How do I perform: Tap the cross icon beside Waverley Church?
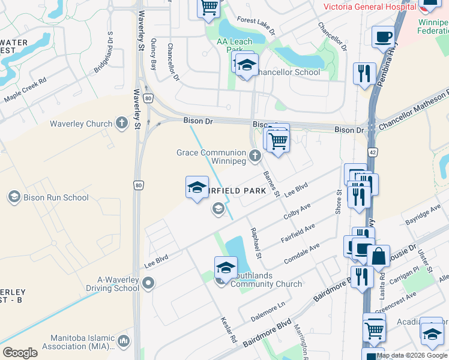(x=122, y=124)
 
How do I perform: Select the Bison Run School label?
(x=55, y=197)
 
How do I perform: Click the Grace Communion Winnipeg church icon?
(x=255, y=157)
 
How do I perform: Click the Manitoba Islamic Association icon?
(x=124, y=341)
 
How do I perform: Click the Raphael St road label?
(x=256, y=244)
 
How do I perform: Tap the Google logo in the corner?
(x=20, y=353)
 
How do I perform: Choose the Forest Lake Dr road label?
(x=256, y=25)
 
